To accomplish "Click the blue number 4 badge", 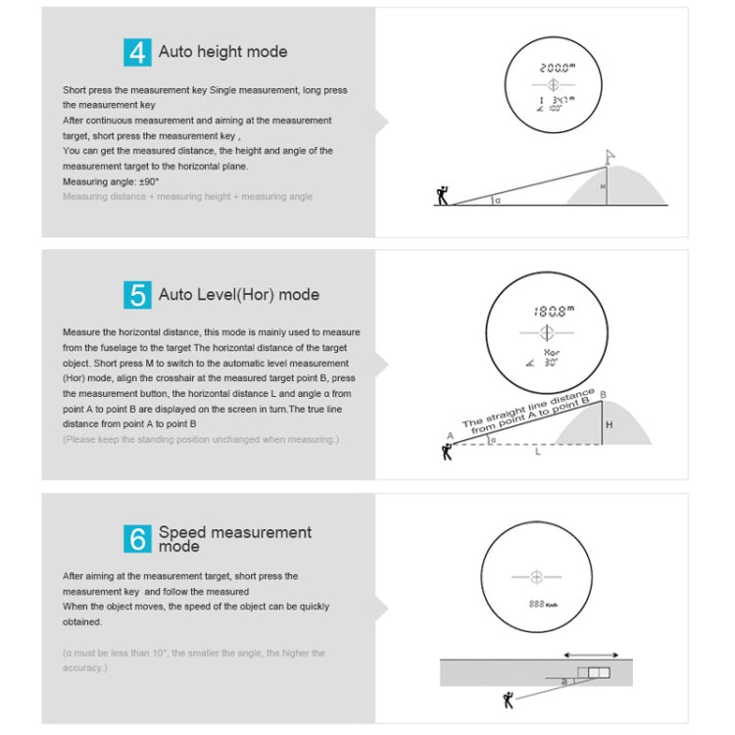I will click(x=138, y=52).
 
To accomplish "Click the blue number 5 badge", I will click(x=138, y=295).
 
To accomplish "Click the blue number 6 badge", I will click(x=138, y=538).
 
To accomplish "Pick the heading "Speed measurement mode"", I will click(x=234, y=538).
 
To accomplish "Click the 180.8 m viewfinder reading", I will click(x=550, y=311).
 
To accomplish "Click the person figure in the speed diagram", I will click(x=508, y=699).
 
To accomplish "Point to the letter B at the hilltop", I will click(x=603, y=394).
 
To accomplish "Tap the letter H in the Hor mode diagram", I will click(x=608, y=426).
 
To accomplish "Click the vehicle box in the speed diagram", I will click(x=592, y=672).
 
